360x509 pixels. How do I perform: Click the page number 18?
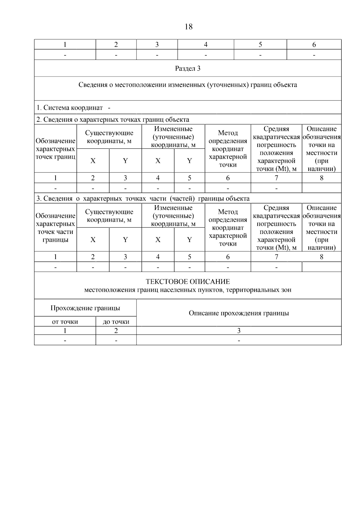point(189,27)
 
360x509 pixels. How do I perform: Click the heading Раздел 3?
point(188,68)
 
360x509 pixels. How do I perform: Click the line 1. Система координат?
point(70,107)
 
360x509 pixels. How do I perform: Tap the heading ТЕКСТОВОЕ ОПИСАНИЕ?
point(188,282)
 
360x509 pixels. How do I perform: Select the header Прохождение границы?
point(85,308)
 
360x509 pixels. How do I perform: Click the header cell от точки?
point(65,322)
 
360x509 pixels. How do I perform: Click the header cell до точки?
point(116,322)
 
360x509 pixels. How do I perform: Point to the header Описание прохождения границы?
point(239,313)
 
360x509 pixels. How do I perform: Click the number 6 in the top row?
point(314,45)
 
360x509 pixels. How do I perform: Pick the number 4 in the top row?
point(206,45)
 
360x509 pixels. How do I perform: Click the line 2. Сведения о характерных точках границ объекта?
point(113,120)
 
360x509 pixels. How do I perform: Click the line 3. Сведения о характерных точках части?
point(143,199)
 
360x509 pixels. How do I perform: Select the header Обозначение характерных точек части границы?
point(55,228)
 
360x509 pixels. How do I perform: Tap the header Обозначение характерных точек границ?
point(55,149)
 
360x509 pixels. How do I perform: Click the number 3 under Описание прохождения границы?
point(239,331)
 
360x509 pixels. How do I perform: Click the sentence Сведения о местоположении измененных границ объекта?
point(188,85)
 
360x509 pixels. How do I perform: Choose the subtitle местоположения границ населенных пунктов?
point(188,290)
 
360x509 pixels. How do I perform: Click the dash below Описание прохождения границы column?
point(239,340)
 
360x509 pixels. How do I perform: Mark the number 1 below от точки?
point(65,331)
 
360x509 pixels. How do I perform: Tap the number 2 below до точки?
point(116,331)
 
